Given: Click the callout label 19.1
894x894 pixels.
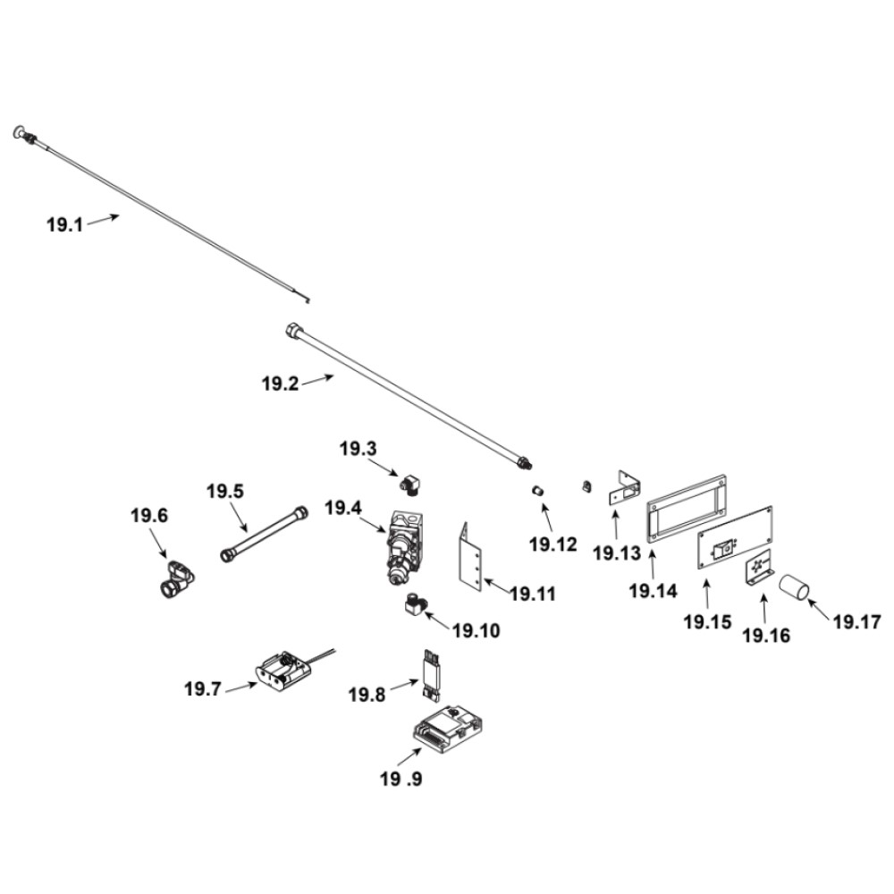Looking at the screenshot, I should (64, 224).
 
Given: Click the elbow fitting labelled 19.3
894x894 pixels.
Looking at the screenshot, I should (411, 483).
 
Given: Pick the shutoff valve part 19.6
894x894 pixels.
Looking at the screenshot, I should (174, 579).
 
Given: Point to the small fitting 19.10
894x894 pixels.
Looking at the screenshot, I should (414, 605).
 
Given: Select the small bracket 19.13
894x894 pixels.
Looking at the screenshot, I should (625, 487).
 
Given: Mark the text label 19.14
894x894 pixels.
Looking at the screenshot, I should (654, 591).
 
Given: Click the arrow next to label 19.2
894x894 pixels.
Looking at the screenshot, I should (316, 381).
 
